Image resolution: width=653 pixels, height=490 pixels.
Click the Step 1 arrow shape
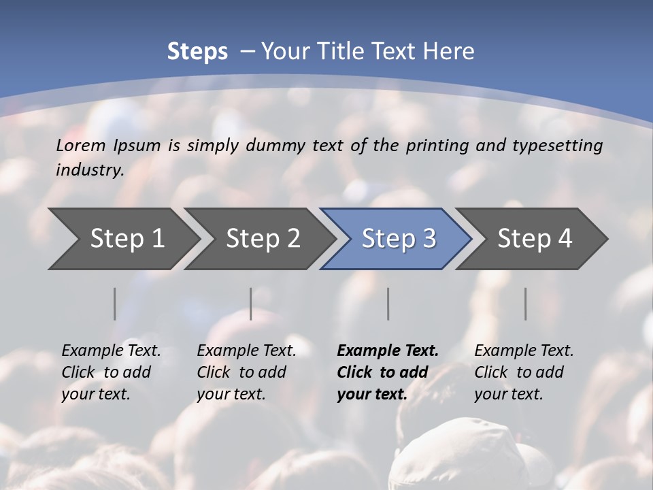click(127, 239)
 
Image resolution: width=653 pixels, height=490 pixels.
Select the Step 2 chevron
click(263, 239)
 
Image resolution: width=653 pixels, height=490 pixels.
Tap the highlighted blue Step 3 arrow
click(399, 239)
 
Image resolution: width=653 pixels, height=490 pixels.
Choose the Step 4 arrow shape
click(535, 239)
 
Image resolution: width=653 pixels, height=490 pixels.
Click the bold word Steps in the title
click(197, 52)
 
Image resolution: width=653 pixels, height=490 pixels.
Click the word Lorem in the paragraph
click(81, 145)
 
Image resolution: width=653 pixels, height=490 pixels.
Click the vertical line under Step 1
click(115, 304)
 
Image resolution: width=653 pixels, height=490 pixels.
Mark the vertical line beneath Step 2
click(251, 304)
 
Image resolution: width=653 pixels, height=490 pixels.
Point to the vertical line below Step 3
click(388, 304)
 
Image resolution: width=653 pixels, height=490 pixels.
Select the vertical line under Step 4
click(526, 304)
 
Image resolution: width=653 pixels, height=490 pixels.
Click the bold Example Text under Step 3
click(388, 351)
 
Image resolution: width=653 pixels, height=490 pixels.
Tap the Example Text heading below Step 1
click(111, 351)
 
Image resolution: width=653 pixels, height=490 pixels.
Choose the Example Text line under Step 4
click(524, 351)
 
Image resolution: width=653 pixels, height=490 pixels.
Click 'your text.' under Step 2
click(231, 394)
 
